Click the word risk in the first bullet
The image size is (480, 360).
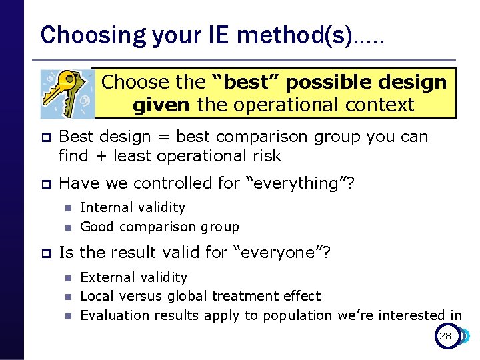click(265, 156)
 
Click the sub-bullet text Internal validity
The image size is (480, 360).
click(133, 208)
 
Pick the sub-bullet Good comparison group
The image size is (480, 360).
click(159, 227)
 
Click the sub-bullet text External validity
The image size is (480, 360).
click(133, 277)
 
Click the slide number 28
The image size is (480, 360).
click(445, 336)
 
